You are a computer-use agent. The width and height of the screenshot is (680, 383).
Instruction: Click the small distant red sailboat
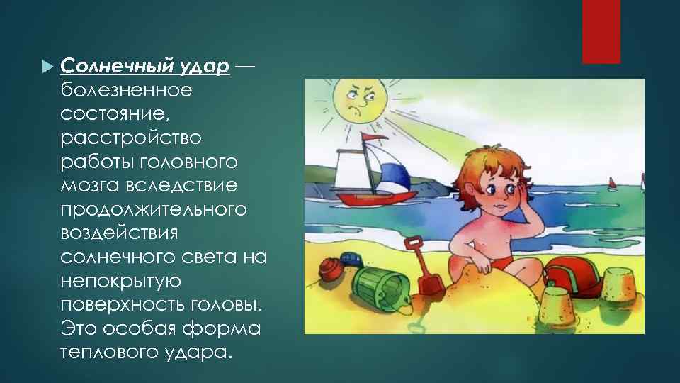[x=610, y=184]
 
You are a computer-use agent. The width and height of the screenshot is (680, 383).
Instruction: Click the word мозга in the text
[x=88, y=186]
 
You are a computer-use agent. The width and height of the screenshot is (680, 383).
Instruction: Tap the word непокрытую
[x=120, y=282]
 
